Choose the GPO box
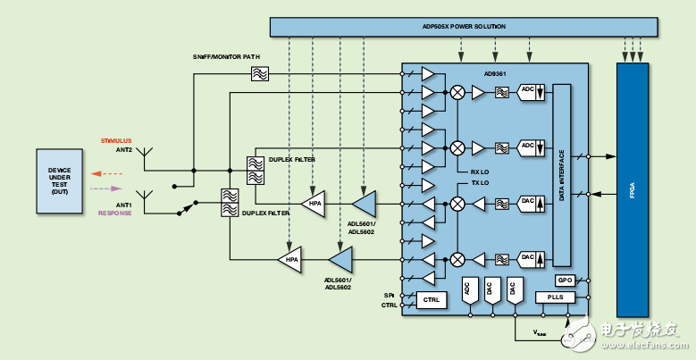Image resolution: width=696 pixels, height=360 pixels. coord(564,280)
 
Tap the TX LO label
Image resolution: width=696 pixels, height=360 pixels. coord(481,183)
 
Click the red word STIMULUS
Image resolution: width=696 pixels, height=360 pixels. coord(116,141)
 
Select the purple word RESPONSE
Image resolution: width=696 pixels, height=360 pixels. coord(115,213)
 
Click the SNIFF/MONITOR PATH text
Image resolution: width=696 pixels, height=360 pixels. coord(226,57)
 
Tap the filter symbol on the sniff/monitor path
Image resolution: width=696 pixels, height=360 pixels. coord(260,75)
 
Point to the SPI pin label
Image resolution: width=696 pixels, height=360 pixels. coord(390,294)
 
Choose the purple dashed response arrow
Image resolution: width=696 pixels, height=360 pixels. coord(105,188)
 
